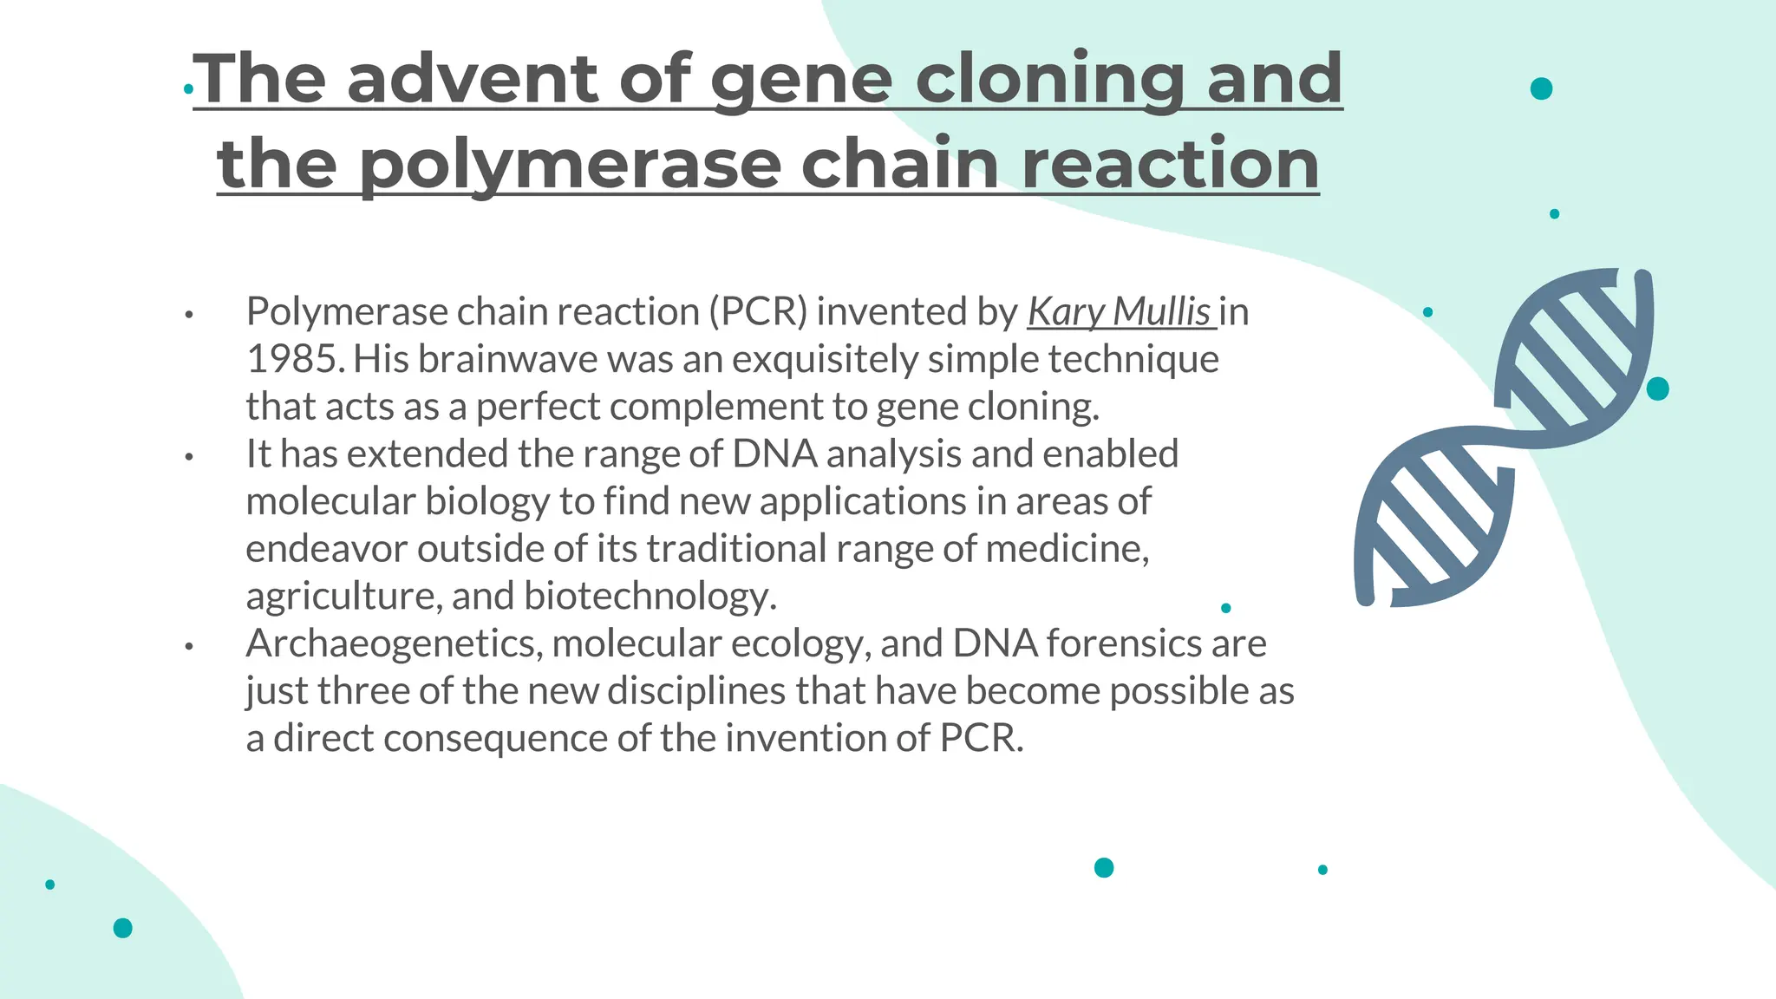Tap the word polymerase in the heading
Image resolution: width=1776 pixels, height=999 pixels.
pyautogui.click(x=570, y=165)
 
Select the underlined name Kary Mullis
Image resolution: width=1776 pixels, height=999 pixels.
pyautogui.click(x=1119, y=312)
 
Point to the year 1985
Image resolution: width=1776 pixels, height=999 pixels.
pyautogui.click(x=292, y=359)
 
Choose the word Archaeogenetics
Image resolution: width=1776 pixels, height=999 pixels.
pyautogui.click(x=394, y=643)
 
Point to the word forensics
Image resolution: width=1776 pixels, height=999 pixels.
pyautogui.click(x=1123, y=643)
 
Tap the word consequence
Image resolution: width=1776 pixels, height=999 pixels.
pyautogui.click(x=494, y=739)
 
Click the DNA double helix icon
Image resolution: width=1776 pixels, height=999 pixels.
pyautogui.click(x=1505, y=438)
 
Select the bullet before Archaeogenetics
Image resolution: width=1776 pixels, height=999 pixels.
pyautogui.click(x=188, y=646)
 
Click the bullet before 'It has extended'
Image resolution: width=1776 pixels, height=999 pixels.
pyautogui.click(x=188, y=456)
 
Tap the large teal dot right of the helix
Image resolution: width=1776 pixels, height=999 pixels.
pyautogui.click(x=1657, y=388)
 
